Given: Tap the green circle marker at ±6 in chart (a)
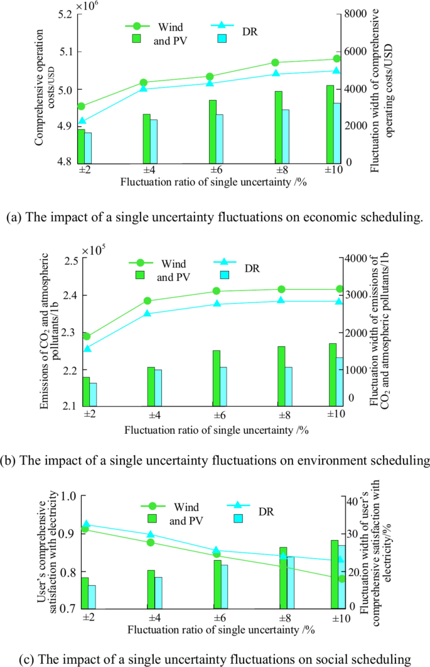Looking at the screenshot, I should tap(210, 77).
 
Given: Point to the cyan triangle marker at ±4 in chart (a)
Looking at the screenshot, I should tap(144, 89).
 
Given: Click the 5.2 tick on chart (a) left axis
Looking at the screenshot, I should tap(65, 14).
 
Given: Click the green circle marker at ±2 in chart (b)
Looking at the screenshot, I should tap(87, 336).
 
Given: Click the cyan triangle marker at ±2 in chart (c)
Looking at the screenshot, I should tap(87, 524).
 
